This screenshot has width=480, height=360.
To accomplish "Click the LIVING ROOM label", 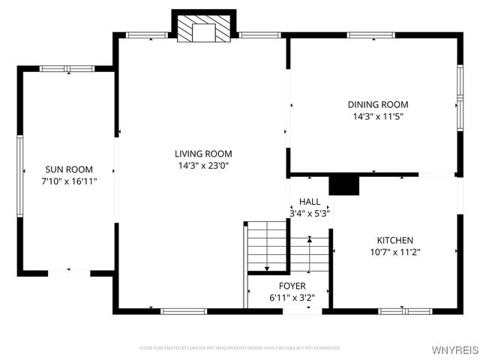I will (x=201, y=154).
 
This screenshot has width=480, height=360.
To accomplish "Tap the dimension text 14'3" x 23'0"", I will (x=201, y=165).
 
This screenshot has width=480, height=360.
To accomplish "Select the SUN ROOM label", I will (x=69, y=169).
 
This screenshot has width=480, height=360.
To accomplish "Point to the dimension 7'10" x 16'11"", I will (x=69, y=181).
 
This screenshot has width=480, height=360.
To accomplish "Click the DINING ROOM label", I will (x=378, y=105).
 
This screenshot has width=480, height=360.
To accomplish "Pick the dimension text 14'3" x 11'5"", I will (x=378, y=116).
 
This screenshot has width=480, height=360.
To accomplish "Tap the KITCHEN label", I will (x=394, y=240).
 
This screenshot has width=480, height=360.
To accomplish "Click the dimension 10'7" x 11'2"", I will (x=394, y=252).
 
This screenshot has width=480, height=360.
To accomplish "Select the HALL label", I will (x=310, y=202).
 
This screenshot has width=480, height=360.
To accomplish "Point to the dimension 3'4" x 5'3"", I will (x=310, y=213).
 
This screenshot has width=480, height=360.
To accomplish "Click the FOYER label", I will (x=292, y=286).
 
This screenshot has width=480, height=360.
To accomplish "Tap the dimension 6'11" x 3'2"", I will (x=292, y=297).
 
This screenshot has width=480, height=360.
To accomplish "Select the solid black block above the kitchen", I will (x=344, y=184).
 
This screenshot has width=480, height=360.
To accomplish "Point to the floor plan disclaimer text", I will (x=239, y=348).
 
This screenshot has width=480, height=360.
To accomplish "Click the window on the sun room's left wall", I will (x=20, y=170).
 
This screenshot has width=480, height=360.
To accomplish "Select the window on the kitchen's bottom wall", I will (x=404, y=310).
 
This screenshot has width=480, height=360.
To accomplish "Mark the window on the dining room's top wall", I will (x=371, y=34).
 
